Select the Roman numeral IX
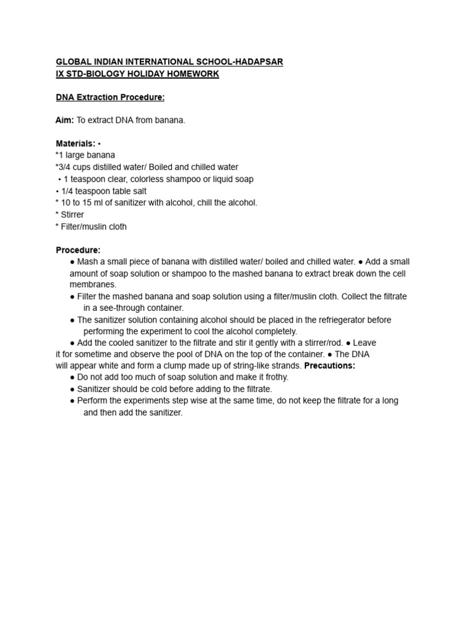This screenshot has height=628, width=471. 60,74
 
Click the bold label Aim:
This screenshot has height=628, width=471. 64,120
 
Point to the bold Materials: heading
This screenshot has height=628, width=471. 75,144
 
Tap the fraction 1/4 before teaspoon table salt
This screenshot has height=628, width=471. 67,191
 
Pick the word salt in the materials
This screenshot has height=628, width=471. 139,191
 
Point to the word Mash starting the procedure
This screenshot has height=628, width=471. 88,261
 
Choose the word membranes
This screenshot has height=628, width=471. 93,285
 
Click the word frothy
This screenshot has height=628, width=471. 275,377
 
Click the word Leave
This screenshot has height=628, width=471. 364,342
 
